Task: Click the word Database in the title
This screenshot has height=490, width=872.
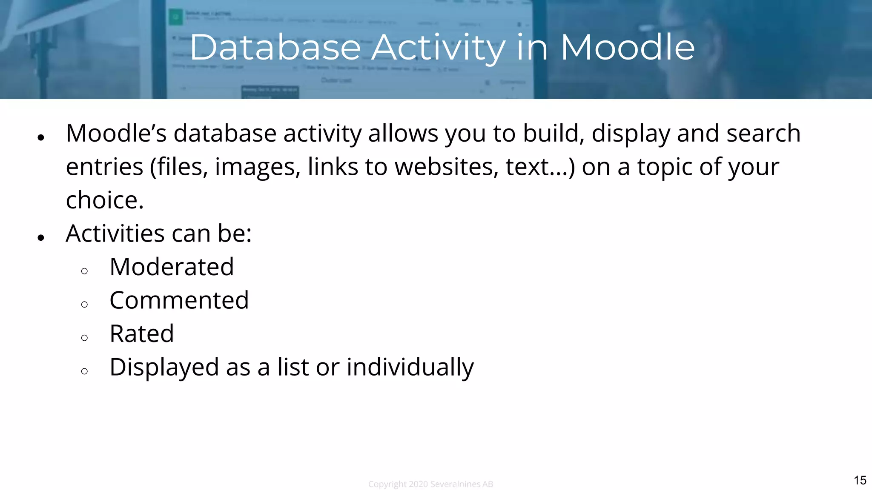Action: [275, 47]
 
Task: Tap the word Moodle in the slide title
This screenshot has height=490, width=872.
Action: [628, 47]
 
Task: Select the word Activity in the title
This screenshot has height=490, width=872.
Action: [439, 48]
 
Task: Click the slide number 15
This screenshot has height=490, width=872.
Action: [860, 480]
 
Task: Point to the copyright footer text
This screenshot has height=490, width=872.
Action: [430, 484]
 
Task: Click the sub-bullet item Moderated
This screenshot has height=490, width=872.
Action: [172, 267]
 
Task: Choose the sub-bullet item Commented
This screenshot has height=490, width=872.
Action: [179, 300]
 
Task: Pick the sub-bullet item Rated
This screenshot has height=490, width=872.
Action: [141, 333]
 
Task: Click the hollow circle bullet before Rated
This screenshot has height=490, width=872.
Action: [84, 338]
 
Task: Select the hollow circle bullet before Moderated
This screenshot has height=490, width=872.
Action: [84, 271]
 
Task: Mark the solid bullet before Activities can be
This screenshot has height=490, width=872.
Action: [41, 237]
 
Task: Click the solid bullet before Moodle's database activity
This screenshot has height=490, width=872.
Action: [41, 137]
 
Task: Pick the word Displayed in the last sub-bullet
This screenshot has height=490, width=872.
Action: [164, 367]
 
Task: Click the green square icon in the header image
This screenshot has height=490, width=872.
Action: [175, 17]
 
